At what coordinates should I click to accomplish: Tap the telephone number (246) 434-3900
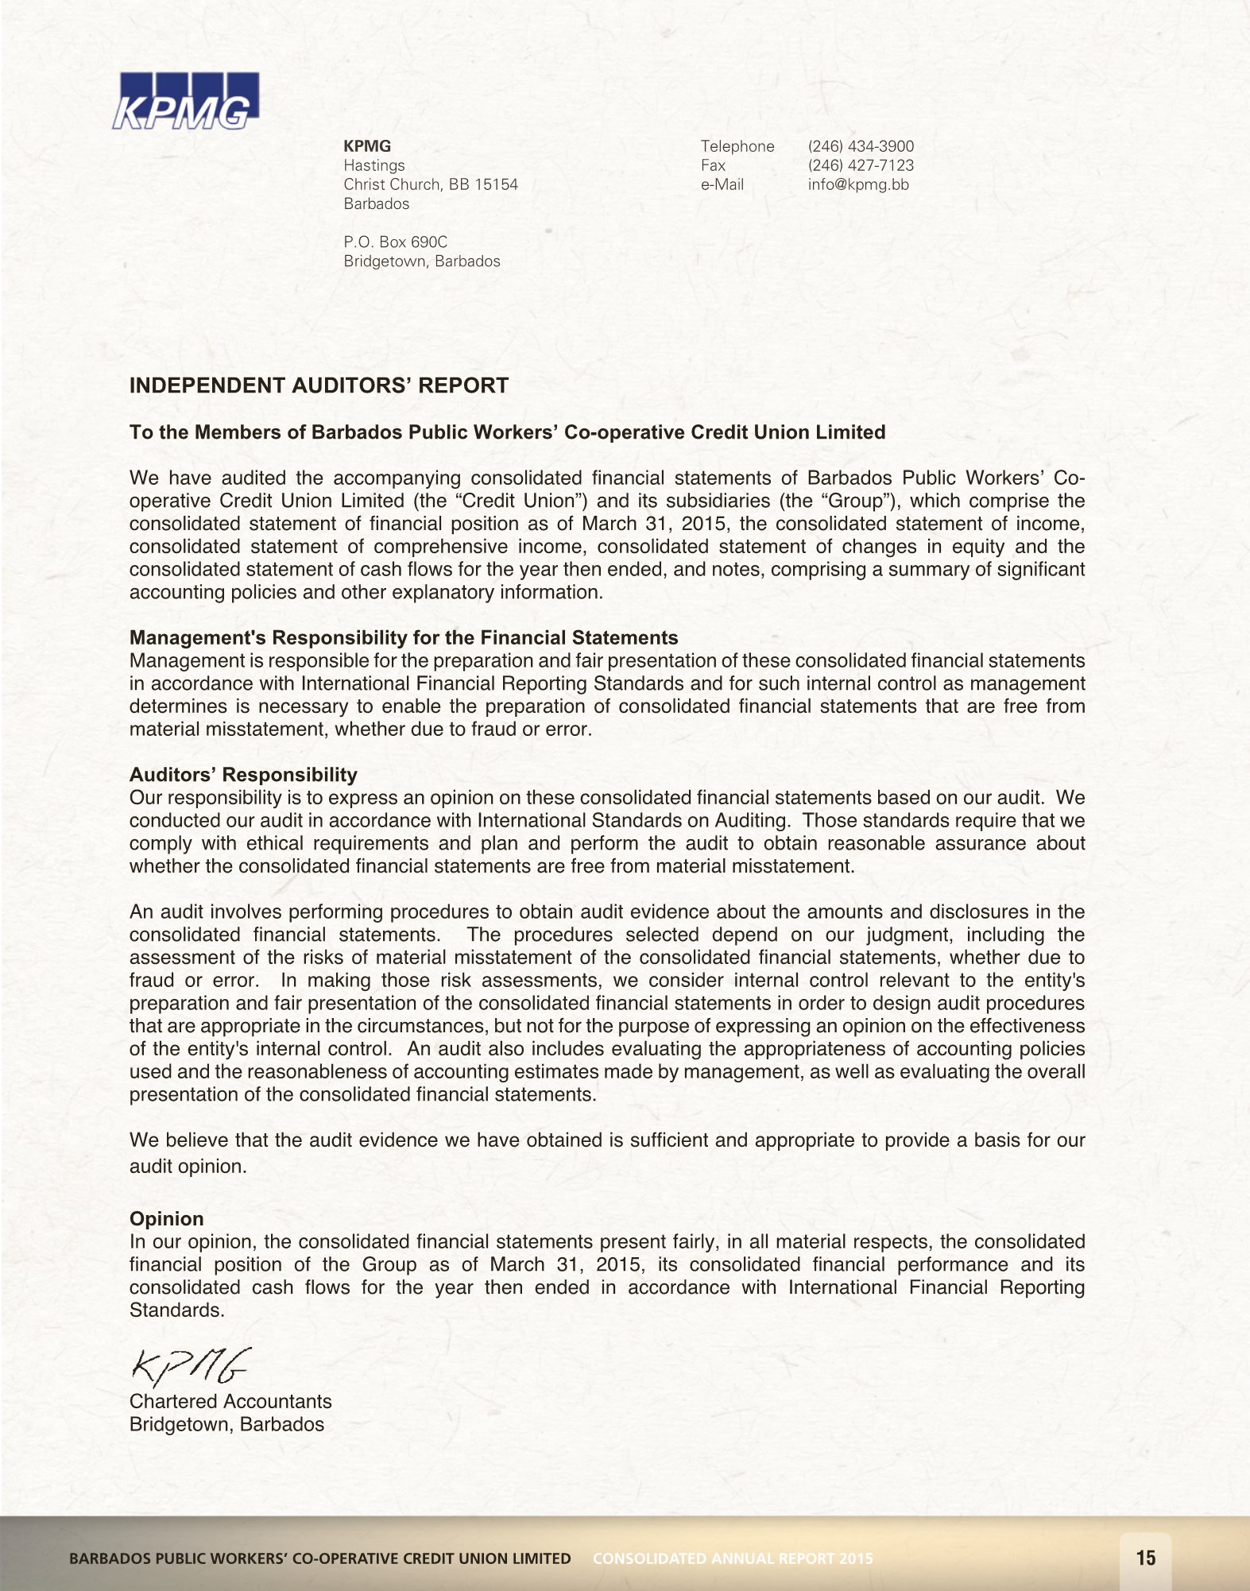pyautogui.click(x=861, y=146)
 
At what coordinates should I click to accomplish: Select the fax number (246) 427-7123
pyautogui.click(x=861, y=165)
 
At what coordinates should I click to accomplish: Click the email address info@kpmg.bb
pyautogui.click(x=858, y=184)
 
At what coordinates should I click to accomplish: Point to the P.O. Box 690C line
pyautogui.click(x=395, y=242)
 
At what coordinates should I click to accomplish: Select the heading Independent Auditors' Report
pyautogui.click(x=319, y=385)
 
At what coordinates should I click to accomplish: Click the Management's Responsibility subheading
pyautogui.click(x=404, y=637)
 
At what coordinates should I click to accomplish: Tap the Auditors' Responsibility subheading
pyautogui.click(x=243, y=774)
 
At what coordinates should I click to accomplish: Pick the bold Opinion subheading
pyautogui.click(x=166, y=1218)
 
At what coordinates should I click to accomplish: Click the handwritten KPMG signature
pyautogui.click(x=190, y=1365)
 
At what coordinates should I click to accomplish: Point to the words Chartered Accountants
pyautogui.click(x=230, y=1401)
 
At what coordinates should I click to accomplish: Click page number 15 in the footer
pyautogui.click(x=1146, y=1558)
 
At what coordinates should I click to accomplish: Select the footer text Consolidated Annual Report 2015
pyautogui.click(x=733, y=1558)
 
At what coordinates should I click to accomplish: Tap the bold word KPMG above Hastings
pyautogui.click(x=367, y=146)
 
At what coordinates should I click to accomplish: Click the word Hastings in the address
pyautogui.click(x=373, y=165)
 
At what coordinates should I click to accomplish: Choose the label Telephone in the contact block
pyautogui.click(x=737, y=146)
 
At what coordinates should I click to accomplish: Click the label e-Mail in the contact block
pyautogui.click(x=722, y=184)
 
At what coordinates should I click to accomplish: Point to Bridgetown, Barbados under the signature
pyautogui.click(x=226, y=1424)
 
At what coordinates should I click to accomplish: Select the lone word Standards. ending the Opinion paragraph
pyautogui.click(x=177, y=1310)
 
